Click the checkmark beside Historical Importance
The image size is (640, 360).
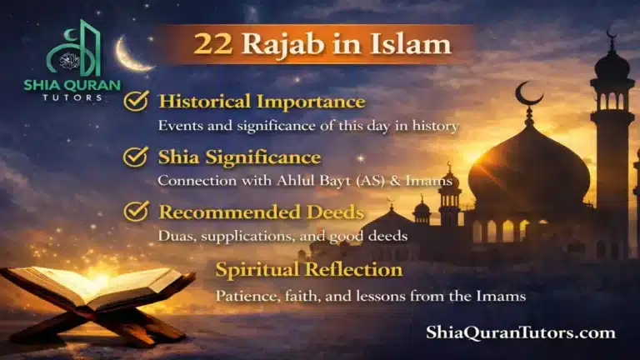coord(136,102)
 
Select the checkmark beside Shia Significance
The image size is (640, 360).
coord(136,156)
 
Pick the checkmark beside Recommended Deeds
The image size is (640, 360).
coord(136,211)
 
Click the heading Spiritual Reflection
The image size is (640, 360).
coord(309,270)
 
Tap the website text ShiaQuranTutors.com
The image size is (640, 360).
coord(521,332)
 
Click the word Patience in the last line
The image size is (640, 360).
coord(242,295)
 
